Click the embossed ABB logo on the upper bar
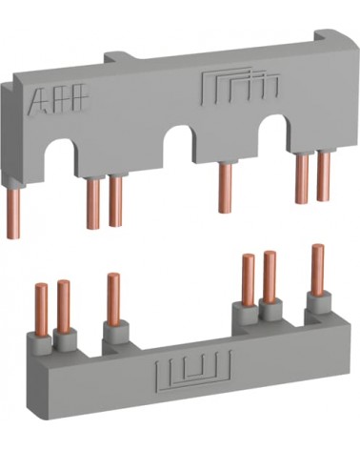(58, 98)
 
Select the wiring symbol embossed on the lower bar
(193, 369)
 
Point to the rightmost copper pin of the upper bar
(323, 177)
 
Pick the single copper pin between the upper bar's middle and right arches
(225, 188)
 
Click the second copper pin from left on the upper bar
(93, 204)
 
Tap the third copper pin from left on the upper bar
(115, 201)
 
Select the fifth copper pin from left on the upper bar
(302, 178)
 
